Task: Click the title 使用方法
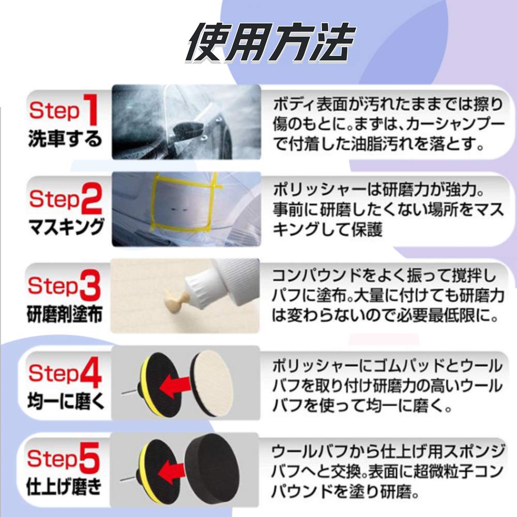click(271, 43)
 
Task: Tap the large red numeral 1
click(90, 110)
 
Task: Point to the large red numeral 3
click(89, 285)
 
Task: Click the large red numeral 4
click(90, 372)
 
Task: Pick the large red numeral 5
click(88, 458)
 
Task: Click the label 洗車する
click(65, 139)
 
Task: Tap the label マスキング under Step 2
click(66, 227)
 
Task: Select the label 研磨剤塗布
click(65, 314)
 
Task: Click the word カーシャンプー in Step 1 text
click(454, 125)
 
